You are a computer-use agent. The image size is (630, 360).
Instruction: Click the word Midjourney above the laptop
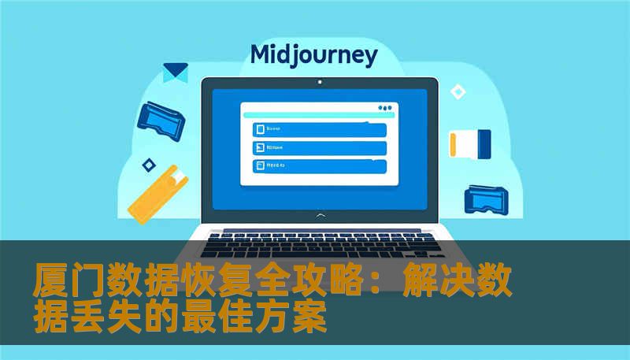coord(313,55)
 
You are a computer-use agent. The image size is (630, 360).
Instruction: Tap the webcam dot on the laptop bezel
coord(319,81)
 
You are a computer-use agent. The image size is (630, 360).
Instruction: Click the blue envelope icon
coord(175,72)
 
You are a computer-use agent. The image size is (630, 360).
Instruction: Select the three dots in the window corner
coord(384,108)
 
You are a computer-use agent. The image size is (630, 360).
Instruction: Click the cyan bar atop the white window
coord(318,115)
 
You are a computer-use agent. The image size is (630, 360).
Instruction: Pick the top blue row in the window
coord(319,129)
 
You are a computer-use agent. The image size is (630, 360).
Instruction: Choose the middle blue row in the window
coord(319,147)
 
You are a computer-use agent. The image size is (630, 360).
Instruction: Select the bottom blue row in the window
coord(319,166)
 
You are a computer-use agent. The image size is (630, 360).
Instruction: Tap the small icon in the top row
coord(258,129)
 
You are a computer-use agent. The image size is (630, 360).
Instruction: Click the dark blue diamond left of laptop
coord(148,165)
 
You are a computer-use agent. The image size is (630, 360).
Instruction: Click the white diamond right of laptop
coord(458,92)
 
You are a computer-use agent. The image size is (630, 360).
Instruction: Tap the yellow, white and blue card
coord(470,143)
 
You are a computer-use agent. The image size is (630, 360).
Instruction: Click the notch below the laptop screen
coord(319,213)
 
